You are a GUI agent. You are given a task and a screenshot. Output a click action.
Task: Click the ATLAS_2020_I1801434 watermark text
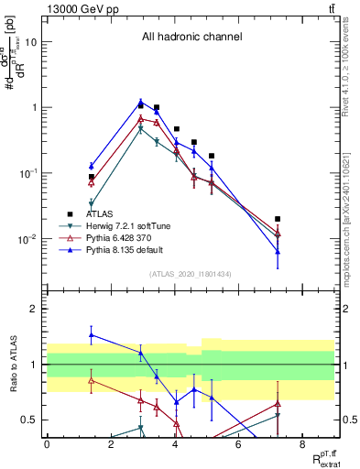pyautogui.click(x=191, y=274)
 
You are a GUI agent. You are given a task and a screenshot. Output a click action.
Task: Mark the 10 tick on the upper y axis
pyautogui.click(x=31, y=42)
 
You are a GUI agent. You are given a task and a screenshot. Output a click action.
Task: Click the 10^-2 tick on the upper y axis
pyautogui.click(x=27, y=239)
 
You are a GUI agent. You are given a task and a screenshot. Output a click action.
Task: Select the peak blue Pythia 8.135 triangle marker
pyautogui.click(x=140, y=102)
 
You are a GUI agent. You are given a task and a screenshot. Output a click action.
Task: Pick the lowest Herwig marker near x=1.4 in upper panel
pyautogui.click(x=91, y=203)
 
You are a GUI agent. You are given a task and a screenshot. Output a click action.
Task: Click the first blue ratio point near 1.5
pyautogui.click(x=91, y=335)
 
